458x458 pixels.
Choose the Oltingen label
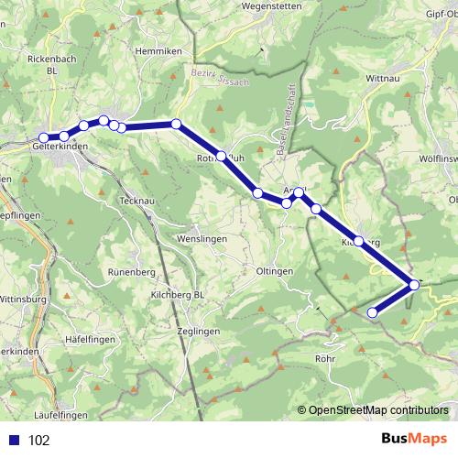[x=275, y=271]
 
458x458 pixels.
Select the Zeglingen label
[x=199, y=331]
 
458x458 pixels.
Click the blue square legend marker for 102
[x=15, y=441]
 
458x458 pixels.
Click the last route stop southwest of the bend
[x=373, y=313]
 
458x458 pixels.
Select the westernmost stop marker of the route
[x=43, y=138]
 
